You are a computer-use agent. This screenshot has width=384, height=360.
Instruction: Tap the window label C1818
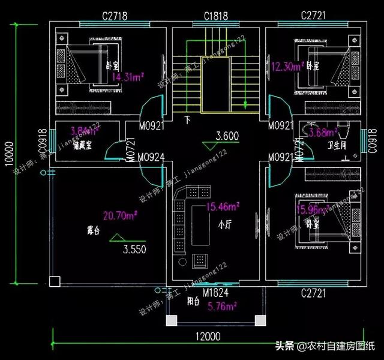[x=216, y=16]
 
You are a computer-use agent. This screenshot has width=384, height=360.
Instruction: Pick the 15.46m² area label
[x=223, y=207]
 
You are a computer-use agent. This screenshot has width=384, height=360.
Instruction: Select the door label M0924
[x=151, y=158]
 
